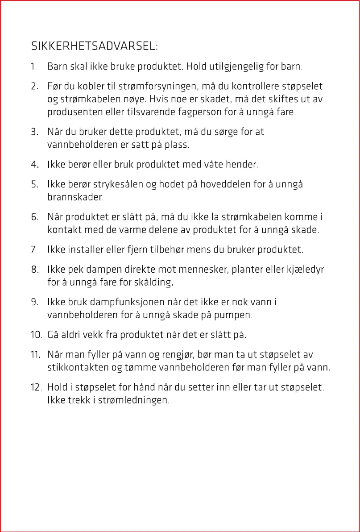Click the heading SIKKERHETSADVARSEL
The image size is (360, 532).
click(x=94, y=46)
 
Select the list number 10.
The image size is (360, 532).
click(x=36, y=335)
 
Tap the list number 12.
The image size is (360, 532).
click(x=36, y=387)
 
